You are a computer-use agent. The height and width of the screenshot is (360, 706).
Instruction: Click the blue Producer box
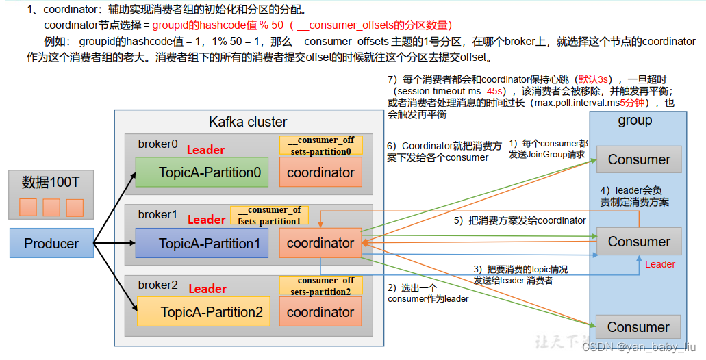(51, 244)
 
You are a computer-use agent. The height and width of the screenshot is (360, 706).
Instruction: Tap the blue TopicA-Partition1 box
(202, 243)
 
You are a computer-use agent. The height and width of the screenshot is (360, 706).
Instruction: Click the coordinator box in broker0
(320, 172)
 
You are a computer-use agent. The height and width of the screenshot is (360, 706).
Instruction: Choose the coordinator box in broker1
(320, 243)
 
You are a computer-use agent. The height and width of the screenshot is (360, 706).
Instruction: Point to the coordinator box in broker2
(320, 312)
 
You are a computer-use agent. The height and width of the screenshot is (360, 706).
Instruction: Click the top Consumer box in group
(639, 160)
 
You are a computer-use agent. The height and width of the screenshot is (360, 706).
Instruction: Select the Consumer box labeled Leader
(639, 242)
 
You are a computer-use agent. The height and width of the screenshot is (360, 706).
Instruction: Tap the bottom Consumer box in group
(638, 327)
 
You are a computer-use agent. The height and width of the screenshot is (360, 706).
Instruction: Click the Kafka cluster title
(248, 122)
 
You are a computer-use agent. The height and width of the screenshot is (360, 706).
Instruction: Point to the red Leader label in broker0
(205, 150)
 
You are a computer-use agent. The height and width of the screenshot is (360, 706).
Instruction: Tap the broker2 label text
(157, 285)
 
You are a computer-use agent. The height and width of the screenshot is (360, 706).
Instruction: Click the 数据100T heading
(51, 183)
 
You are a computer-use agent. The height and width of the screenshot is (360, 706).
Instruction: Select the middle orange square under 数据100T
(51, 207)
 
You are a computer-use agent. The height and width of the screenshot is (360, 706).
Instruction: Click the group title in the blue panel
(635, 120)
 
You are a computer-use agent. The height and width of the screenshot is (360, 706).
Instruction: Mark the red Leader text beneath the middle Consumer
(660, 264)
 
